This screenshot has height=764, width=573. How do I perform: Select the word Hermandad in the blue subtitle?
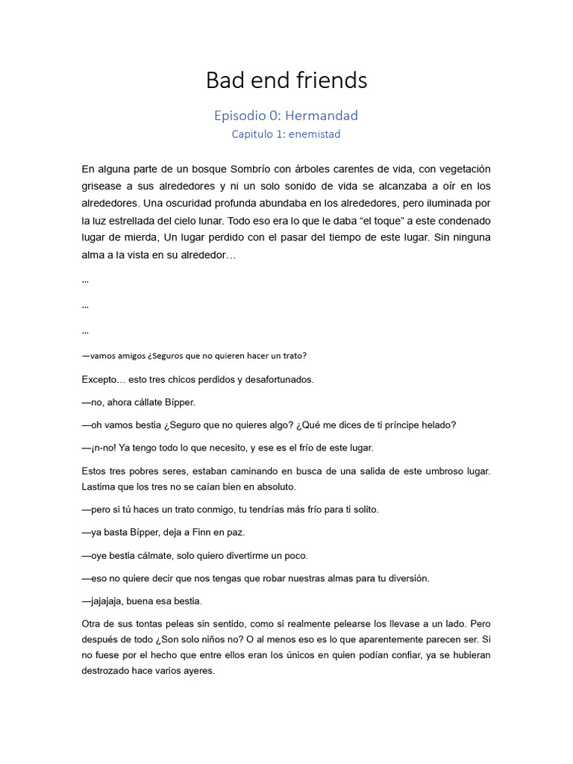click(x=322, y=116)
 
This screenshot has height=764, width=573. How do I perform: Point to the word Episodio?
click(x=240, y=116)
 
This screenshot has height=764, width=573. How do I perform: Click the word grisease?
click(x=102, y=186)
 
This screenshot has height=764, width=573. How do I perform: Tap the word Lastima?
click(x=101, y=486)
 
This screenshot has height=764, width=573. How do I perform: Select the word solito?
click(x=363, y=510)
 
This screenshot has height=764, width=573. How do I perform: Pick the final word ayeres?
click(x=197, y=670)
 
